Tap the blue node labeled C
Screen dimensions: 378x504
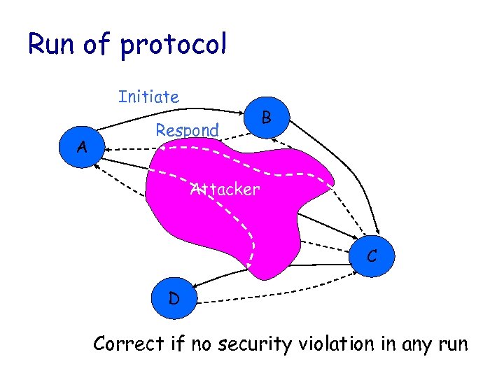[x=372, y=257]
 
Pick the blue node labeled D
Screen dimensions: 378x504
[x=174, y=299]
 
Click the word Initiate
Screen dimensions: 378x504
[x=148, y=97]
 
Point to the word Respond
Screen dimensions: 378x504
[x=187, y=130]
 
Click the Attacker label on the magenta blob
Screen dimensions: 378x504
[x=225, y=189]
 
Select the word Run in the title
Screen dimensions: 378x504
[x=51, y=45]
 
